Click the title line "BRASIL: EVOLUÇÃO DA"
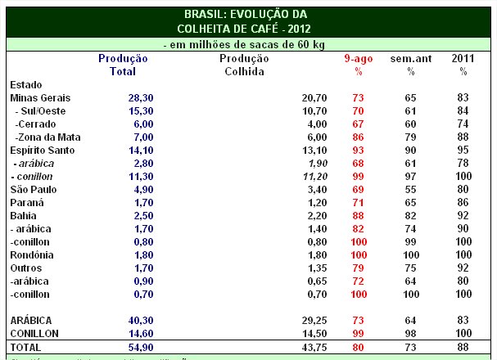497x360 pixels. coord(247,14)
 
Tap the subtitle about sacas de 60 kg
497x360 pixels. coord(247,44)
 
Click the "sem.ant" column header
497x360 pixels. coord(409,59)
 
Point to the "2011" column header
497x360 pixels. coord(463,59)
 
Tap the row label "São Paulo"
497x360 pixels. coord(32,189)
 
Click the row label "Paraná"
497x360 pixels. coord(27,202)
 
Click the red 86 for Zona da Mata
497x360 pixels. coord(358,137)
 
